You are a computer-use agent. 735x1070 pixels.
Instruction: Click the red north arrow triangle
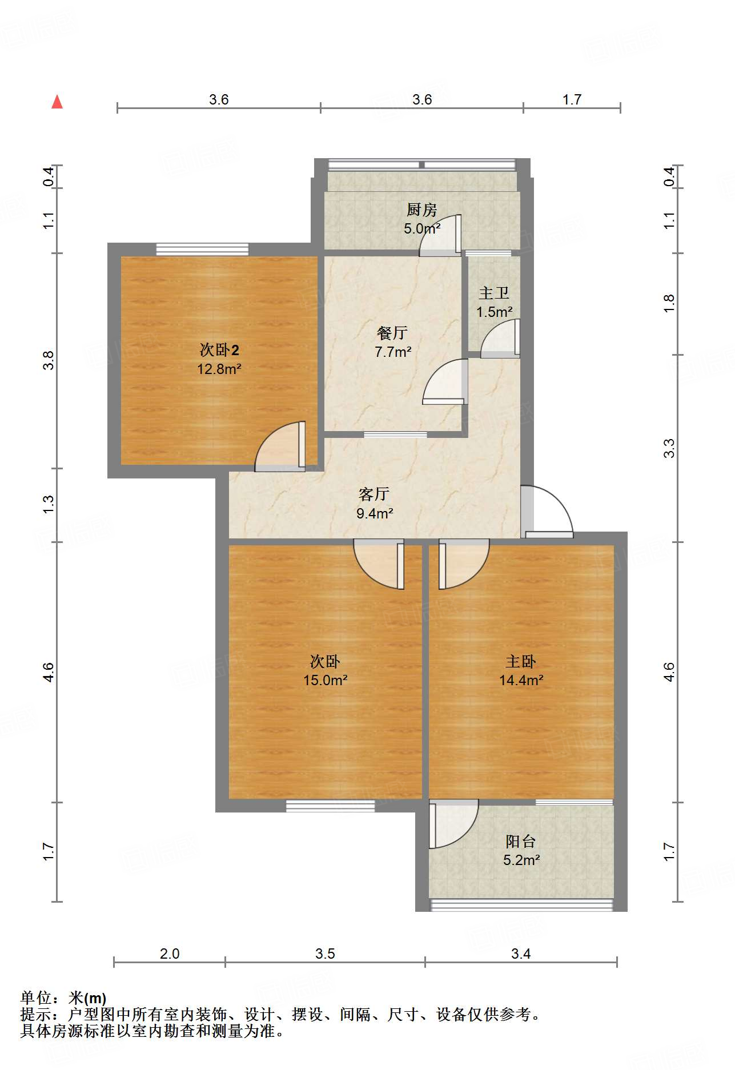(57, 102)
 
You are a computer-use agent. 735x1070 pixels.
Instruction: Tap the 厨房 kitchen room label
(422, 210)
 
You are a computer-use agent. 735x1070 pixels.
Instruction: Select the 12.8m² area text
(219, 369)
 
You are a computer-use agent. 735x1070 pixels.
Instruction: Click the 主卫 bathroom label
(494, 293)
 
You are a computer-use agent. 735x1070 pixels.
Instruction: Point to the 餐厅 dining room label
(392, 333)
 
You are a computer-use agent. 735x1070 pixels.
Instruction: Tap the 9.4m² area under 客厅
(375, 513)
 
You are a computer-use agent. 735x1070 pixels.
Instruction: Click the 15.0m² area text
(325, 680)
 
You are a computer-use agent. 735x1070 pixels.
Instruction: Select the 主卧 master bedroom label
(520, 661)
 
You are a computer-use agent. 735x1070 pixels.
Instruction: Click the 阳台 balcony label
(520, 841)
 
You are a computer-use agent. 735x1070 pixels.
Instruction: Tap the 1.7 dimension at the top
(572, 100)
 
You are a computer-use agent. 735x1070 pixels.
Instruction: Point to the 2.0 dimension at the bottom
(170, 954)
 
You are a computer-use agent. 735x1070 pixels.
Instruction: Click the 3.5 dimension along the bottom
(325, 954)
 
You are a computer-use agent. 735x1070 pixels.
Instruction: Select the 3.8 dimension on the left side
(49, 360)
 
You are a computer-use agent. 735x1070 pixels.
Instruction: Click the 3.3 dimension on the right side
(669, 448)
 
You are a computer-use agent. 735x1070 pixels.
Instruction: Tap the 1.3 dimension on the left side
(49, 504)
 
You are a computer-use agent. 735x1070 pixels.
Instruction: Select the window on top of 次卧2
(202, 249)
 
